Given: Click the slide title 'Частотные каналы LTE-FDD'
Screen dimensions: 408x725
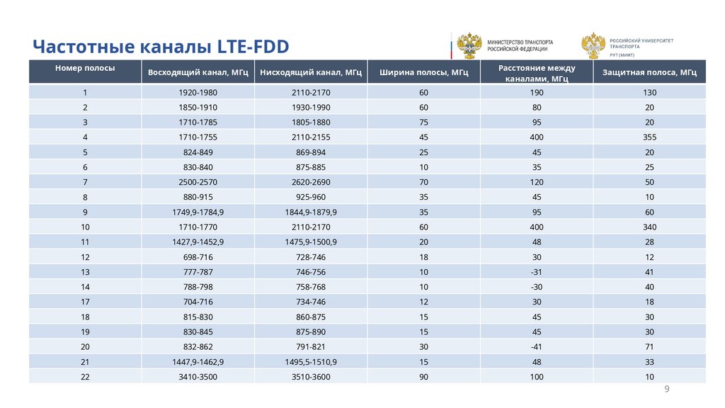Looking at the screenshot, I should point(161,47).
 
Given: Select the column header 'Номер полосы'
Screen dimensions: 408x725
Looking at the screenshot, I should point(85,68).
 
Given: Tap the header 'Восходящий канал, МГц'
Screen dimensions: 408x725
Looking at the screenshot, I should point(198,72).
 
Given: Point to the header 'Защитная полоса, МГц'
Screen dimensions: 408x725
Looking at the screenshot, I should point(649,72).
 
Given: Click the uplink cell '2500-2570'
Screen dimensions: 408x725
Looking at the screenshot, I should point(198,183).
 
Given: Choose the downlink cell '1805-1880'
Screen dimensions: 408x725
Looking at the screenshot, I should point(311,123).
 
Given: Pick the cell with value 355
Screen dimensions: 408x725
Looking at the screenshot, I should point(649,137).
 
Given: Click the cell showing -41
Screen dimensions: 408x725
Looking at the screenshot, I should point(536,347).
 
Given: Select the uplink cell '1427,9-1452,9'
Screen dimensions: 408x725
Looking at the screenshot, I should point(198,242).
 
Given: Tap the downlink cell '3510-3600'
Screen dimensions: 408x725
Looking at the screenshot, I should point(311,377).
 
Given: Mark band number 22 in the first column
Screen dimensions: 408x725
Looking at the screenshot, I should point(85,377).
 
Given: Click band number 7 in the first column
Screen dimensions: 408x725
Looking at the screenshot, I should point(85,183).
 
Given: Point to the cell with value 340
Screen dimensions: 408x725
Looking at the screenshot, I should point(649,227).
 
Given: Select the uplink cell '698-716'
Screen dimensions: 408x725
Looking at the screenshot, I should point(198,257).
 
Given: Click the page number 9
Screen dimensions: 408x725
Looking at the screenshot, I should point(666,390).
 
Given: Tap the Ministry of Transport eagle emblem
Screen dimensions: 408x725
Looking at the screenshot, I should point(468,45).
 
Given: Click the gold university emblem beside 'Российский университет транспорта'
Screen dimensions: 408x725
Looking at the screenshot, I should point(592,45).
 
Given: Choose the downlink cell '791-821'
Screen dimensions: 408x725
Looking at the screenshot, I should point(311,347).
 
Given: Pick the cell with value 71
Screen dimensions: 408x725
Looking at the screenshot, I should point(649,347).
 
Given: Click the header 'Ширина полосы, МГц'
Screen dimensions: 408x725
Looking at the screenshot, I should point(423,72).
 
